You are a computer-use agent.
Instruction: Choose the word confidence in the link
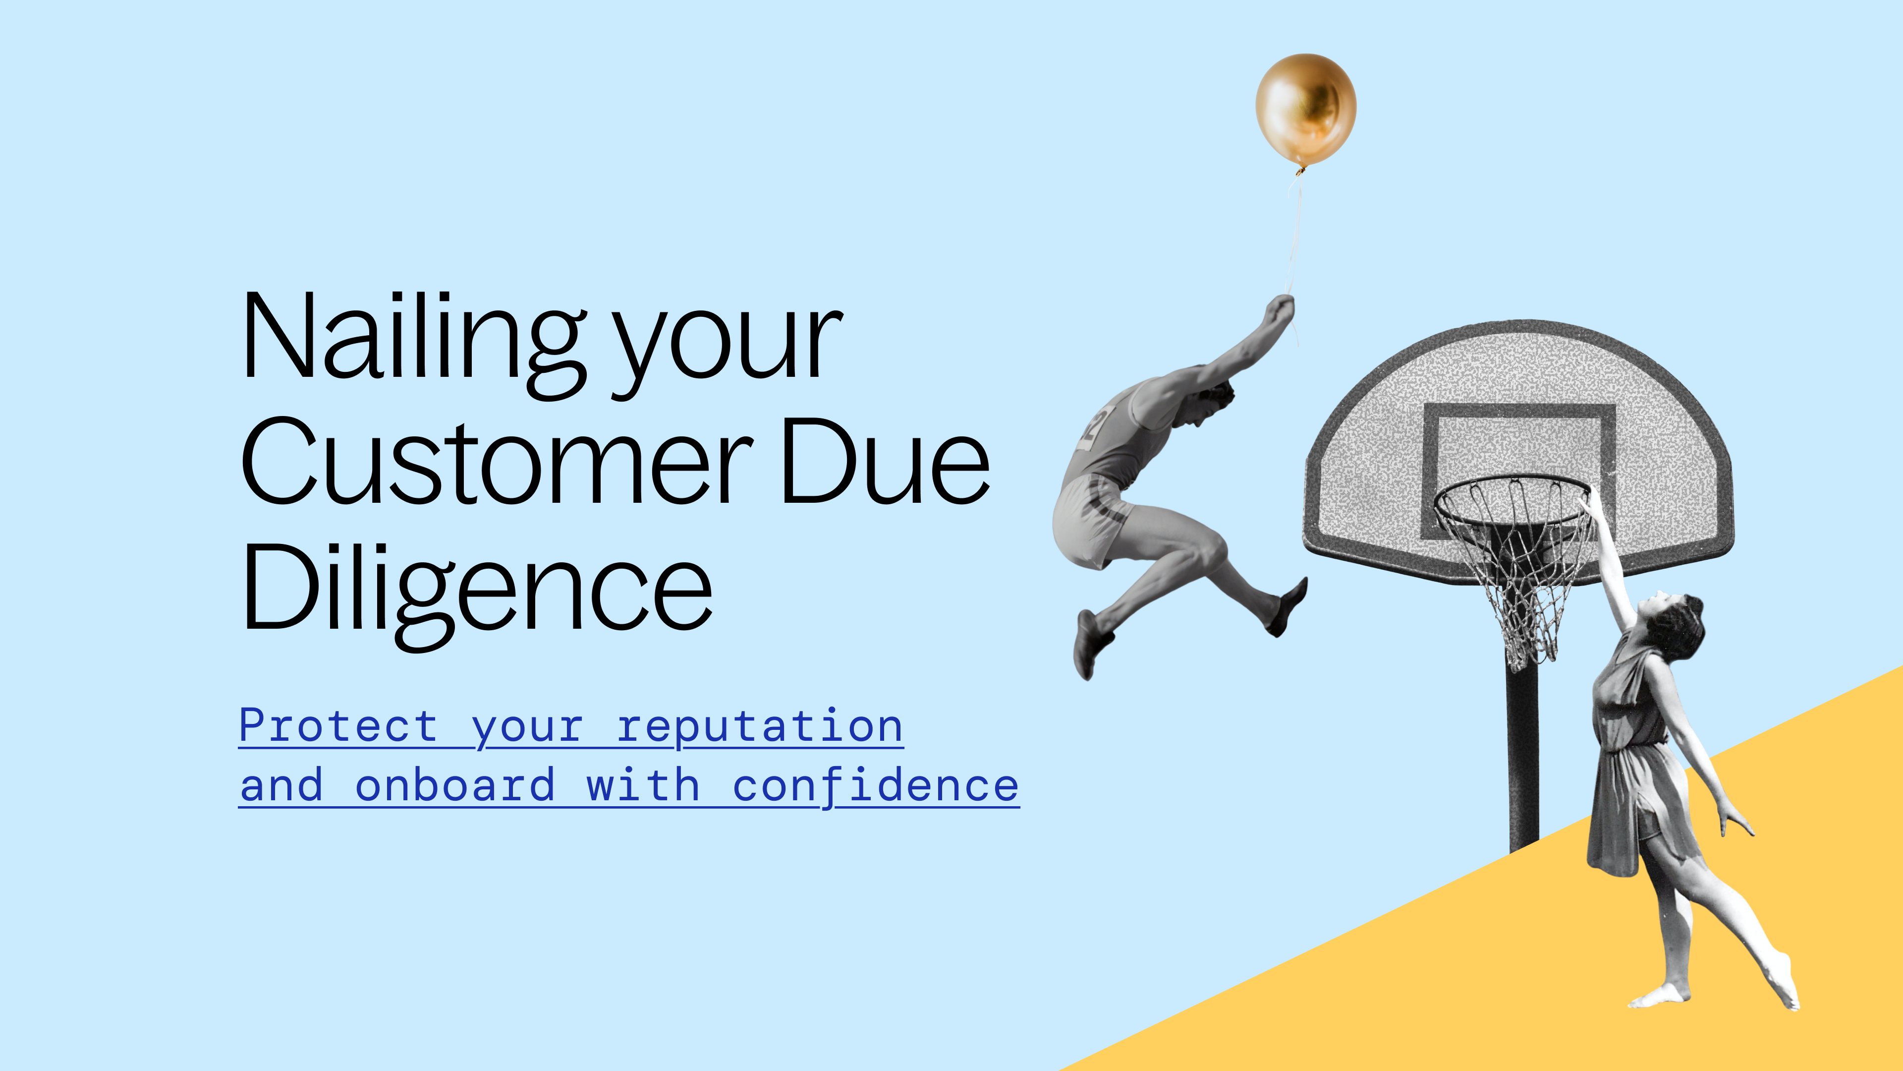coord(875,786)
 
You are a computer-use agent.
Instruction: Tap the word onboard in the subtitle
coord(455,786)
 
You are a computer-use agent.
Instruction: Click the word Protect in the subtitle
coord(338,726)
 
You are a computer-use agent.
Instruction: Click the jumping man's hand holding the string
coord(1280,308)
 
